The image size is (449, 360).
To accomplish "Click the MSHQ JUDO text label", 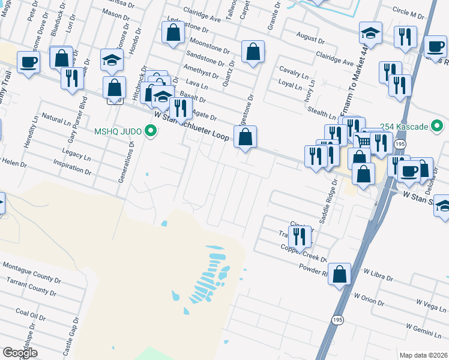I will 118,131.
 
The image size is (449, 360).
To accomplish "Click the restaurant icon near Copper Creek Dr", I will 300,236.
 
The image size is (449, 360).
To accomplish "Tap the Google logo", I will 20,353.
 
